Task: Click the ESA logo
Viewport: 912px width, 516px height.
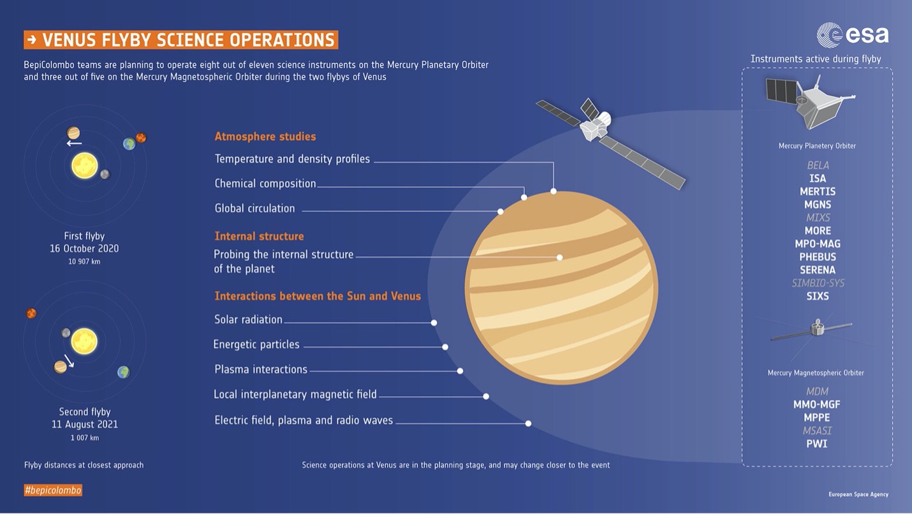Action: [853, 35]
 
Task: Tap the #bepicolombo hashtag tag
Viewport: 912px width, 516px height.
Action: [53, 490]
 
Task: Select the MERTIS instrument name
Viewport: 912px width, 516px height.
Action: [818, 191]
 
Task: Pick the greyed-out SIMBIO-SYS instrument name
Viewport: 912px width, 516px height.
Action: [818, 283]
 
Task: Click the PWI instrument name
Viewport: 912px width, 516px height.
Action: [817, 444]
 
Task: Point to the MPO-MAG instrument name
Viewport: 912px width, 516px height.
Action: [818, 244]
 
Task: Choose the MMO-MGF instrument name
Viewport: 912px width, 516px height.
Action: [817, 404]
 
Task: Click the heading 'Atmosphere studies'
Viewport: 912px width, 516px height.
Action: [265, 136]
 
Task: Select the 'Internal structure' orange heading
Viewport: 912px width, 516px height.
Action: [259, 236]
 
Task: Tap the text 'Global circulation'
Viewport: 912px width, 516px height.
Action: [254, 209]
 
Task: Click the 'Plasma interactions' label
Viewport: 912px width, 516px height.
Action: [261, 369]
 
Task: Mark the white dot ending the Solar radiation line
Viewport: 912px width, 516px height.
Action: [434, 323]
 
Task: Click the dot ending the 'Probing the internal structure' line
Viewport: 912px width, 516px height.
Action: [560, 258]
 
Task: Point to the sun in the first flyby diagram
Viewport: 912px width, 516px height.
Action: [85, 166]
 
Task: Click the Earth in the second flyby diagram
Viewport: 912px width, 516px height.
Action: [123, 372]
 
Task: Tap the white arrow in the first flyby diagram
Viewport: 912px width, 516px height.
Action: [74, 144]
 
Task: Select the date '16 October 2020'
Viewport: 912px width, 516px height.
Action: [84, 248]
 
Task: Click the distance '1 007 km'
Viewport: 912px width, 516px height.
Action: [85, 438]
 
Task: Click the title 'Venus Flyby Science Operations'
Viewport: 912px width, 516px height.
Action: [180, 40]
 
